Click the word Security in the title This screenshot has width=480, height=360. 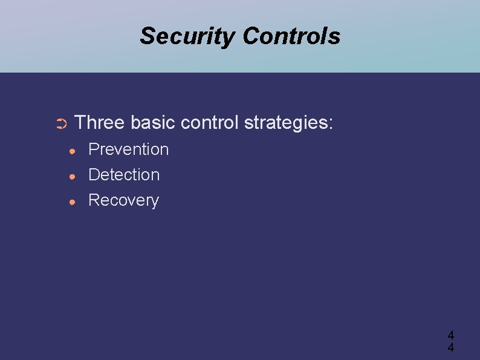point(188,36)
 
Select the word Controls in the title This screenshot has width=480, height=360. point(291,36)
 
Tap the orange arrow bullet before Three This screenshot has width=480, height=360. point(60,125)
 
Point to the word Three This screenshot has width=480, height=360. point(99,123)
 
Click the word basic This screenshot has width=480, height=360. point(153,123)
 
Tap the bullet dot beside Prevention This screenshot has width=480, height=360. point(72,150)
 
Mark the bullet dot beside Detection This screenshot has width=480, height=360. point(72,175)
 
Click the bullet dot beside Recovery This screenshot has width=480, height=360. point(72,201)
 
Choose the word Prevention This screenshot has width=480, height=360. point(128,149)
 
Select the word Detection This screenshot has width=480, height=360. point(124,175)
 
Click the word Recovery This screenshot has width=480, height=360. point(123,201)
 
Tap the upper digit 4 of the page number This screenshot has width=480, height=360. point(450,335)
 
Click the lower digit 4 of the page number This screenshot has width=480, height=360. point(450,347)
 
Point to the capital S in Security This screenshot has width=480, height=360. point(147,36)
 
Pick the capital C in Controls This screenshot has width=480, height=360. point(250,36)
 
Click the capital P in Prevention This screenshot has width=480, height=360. point(94,149)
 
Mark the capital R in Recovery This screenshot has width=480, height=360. point(94,200)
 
